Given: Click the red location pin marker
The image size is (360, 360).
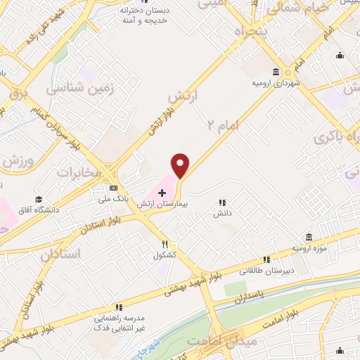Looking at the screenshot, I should point(181,165).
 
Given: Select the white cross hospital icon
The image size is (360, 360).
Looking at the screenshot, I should point(161,192).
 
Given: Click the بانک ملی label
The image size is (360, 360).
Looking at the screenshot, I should point(113,200).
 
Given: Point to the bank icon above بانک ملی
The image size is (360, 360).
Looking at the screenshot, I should point(113,188).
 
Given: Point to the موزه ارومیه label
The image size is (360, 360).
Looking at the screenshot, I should point(309,247).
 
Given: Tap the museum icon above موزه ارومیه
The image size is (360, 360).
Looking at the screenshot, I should point(309,236).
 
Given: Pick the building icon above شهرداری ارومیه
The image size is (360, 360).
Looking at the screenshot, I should point(275,72).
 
